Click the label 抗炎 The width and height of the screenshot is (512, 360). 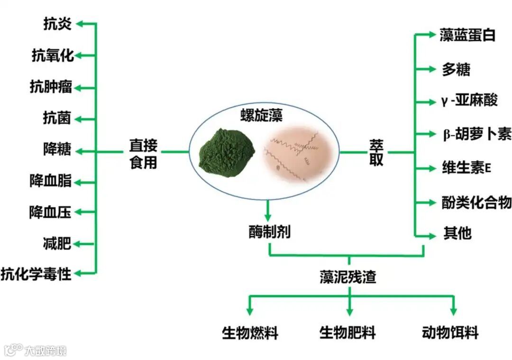(x=57, y=24)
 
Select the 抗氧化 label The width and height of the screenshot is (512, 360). (x=53, y=55)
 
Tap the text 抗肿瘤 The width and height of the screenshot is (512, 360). (x=51, y=87)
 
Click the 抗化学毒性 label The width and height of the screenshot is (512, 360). (x=36, y=274)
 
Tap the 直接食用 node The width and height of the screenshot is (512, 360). (x=143, y=153)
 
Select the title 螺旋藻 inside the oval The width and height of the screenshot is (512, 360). (x=261, y=116)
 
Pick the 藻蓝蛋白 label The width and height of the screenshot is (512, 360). (x=467, y=36)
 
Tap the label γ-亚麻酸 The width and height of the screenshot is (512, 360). (x=468, y=101)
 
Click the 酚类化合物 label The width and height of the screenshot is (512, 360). (x=476, y=203)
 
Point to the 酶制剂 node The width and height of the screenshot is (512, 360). (x=269, y=232)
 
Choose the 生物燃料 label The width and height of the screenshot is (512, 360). (x=250, y=332)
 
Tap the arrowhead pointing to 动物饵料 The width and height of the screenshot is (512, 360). (x=454, y=311)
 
